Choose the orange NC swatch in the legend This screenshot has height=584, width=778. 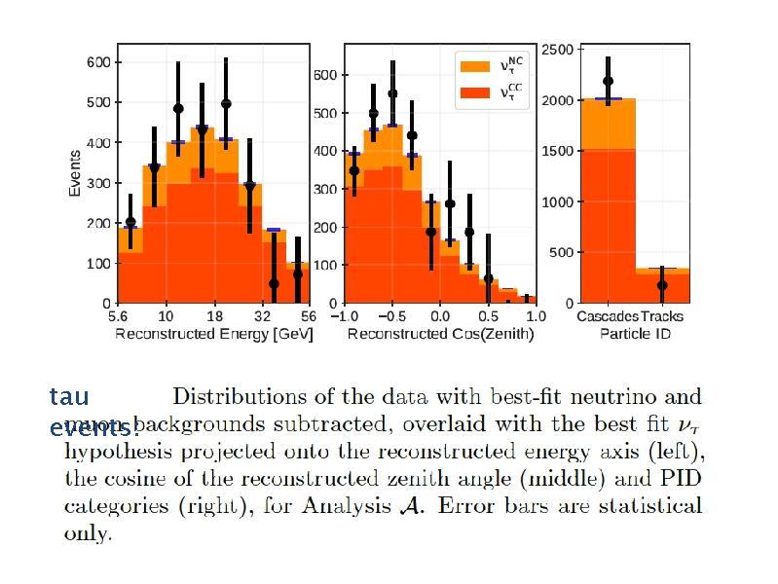[x=474, y=66]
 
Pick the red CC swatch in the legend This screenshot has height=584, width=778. [x=474, y=93]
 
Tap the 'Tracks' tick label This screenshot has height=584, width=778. [x=662, y=316]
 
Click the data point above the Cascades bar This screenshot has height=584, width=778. [x=609, y=82]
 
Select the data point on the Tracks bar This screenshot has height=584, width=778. [x=662, y=285]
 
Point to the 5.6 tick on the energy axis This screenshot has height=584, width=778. [x=118, y=316]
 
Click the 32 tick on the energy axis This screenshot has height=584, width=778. [x=261, y=316]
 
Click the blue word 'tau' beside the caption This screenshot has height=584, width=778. [x=68, y=396]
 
